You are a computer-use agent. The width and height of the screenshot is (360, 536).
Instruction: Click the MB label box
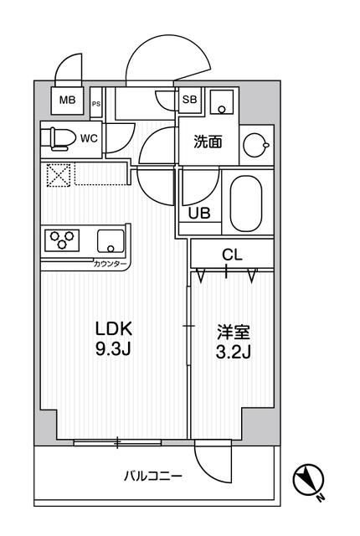pos(66,101)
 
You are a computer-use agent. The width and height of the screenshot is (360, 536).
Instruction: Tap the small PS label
pos(96,104)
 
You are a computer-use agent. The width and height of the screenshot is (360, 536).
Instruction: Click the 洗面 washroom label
pos(208,142)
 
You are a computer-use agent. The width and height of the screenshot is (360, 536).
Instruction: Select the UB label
pos(199,213)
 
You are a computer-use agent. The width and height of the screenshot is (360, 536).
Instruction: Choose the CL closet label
pos(232,254)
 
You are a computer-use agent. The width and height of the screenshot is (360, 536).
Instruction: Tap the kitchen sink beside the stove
pos(109,240)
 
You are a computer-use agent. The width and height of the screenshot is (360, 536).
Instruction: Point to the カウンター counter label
pos(110,265)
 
